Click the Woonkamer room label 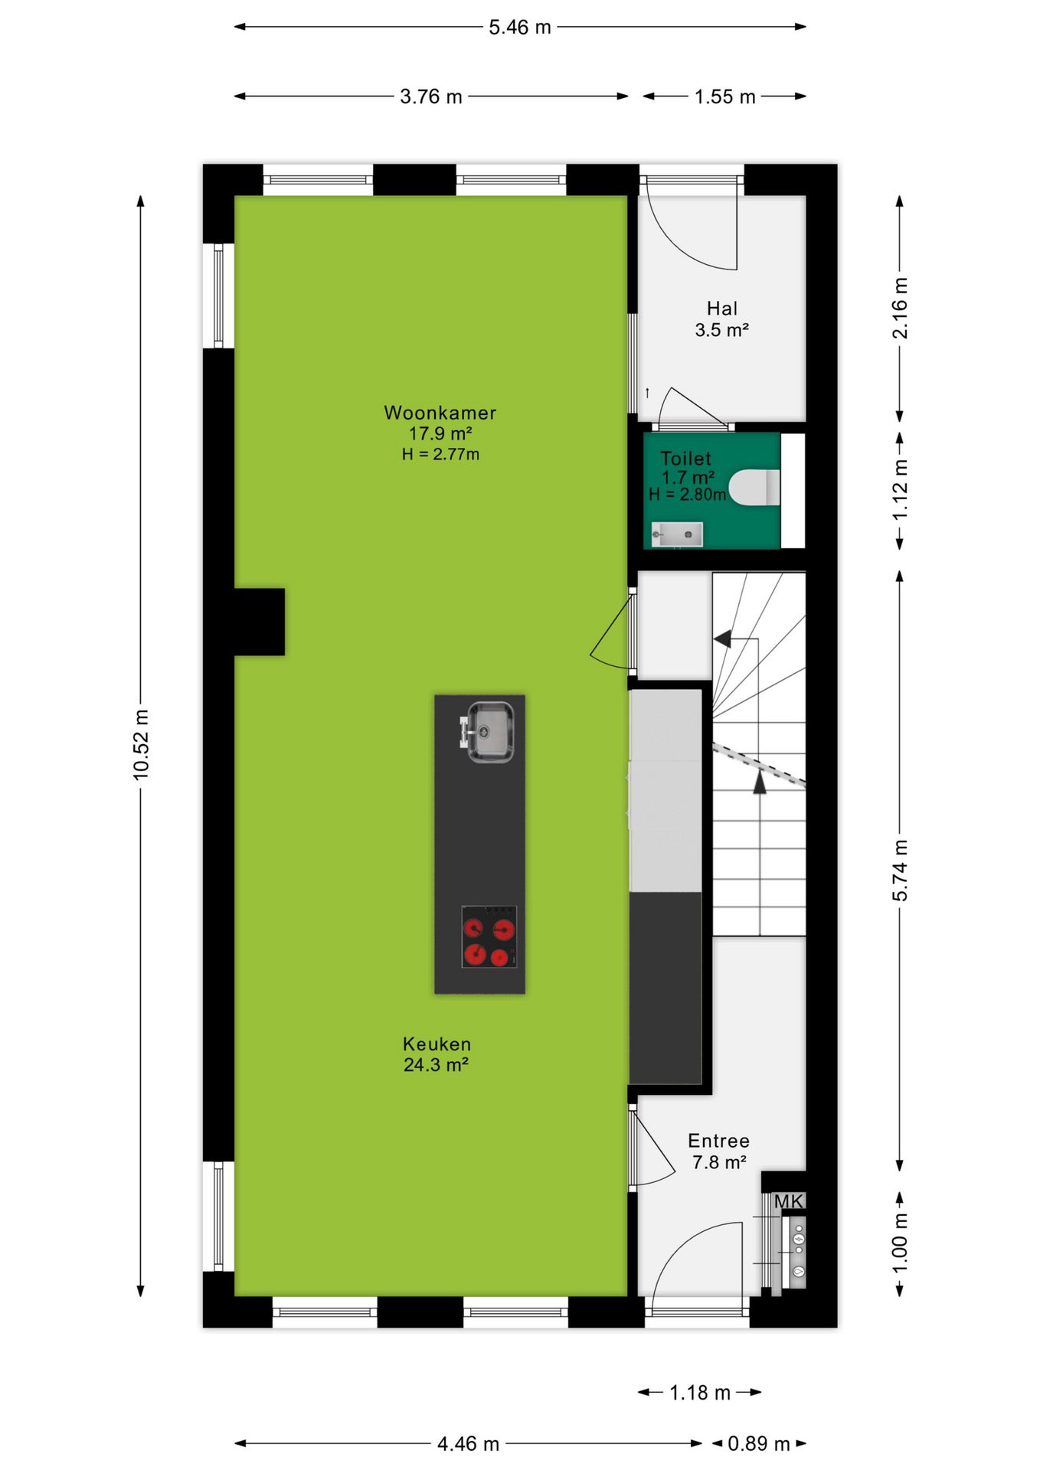(440, 413)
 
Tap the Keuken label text (437, 1044)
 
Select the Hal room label (721, 309)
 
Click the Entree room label (718, 1141)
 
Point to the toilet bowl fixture (754, 488)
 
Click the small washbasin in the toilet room (676, 534)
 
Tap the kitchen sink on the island (488, 732)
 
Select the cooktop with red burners (489, 936)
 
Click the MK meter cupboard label (788, 1201)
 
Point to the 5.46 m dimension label (520, 28)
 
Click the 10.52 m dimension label (141, 745)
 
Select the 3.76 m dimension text (431, 96)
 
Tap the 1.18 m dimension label (700, 1392)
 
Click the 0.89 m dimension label (758, 1443)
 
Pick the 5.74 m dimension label (900, 870)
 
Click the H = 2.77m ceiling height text (440, 454)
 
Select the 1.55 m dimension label (724, 96)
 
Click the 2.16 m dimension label (900, 308)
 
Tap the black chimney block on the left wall (259, 622)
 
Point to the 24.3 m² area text (436, 1064)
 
